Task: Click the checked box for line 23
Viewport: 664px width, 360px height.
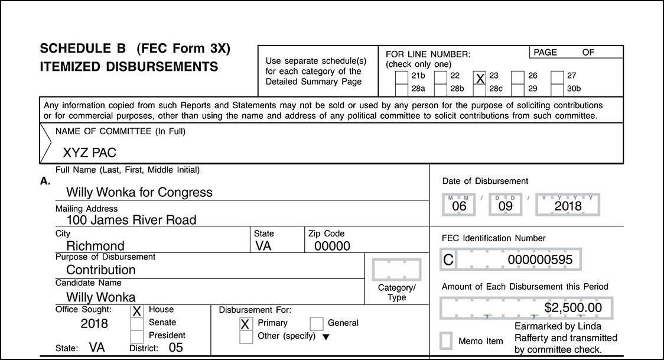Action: tap(480, 78)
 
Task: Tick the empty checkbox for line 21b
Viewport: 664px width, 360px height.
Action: tap(401, 77)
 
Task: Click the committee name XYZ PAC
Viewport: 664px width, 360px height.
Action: tap(89, 153)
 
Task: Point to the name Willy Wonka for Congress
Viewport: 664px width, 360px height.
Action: tap(139, 192)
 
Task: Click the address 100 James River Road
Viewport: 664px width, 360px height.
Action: tap(131, 220)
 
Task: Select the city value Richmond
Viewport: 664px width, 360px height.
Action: tap(95, 246)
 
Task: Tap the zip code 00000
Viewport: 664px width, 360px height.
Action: tap(332, 246)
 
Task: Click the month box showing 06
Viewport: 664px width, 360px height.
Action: tap(459, 206)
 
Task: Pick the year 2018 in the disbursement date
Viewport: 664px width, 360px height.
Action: tap(568, 206)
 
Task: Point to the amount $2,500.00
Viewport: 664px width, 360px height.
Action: tap(572, 307)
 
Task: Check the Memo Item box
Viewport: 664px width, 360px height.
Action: tap(447, 341)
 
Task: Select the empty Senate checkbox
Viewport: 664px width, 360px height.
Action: tap(136, 323)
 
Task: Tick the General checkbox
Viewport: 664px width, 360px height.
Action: tap(317, 323)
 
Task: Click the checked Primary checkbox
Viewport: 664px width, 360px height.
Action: tap(246, 324)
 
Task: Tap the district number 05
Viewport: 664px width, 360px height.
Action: tap(175, 348)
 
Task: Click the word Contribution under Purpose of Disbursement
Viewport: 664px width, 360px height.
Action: tap(101, 270)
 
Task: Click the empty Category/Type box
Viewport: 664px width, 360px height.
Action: tap(396, 270)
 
